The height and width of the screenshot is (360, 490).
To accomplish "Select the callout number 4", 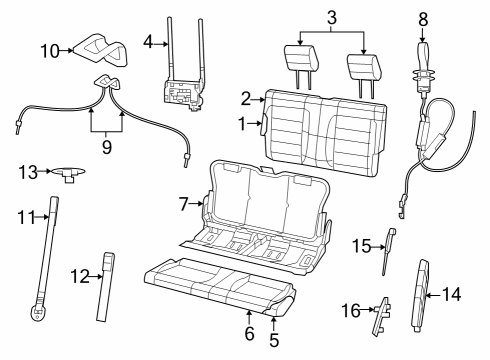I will point(147,42).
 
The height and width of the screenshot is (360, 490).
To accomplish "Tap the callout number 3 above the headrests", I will point(331,17).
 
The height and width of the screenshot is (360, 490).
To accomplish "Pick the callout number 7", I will point(183,203).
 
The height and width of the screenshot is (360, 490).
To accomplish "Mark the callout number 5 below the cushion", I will point(272,340).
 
